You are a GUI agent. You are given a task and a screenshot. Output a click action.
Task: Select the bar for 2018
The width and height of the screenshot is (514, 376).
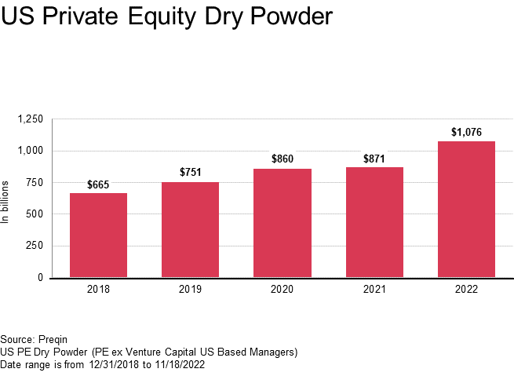98,235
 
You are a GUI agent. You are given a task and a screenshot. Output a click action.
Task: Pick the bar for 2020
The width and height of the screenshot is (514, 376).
282,223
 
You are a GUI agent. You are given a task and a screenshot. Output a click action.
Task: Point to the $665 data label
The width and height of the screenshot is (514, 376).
98,185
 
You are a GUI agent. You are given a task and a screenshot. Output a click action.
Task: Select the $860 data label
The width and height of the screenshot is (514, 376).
282,159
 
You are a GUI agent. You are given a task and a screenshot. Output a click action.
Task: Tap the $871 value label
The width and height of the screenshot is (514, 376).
374,159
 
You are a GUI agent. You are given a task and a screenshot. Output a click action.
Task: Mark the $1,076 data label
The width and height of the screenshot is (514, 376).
466,132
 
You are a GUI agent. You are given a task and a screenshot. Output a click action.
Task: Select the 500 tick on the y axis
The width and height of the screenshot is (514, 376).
35,214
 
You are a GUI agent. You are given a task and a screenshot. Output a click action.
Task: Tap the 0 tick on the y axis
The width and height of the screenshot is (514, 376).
40,278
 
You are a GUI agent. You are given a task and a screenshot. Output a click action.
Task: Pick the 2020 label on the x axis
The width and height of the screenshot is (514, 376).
282,290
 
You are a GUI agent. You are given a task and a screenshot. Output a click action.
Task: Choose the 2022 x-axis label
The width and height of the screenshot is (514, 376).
466,290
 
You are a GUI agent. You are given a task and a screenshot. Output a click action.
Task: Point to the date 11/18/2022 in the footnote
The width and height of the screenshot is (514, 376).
180,364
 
